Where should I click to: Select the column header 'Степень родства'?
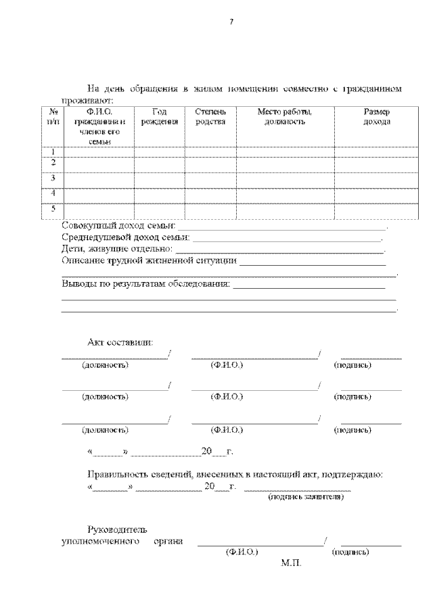click(210, 116)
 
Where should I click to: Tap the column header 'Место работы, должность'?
click(285, 116)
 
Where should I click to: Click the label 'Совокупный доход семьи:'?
click(118, 225)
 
